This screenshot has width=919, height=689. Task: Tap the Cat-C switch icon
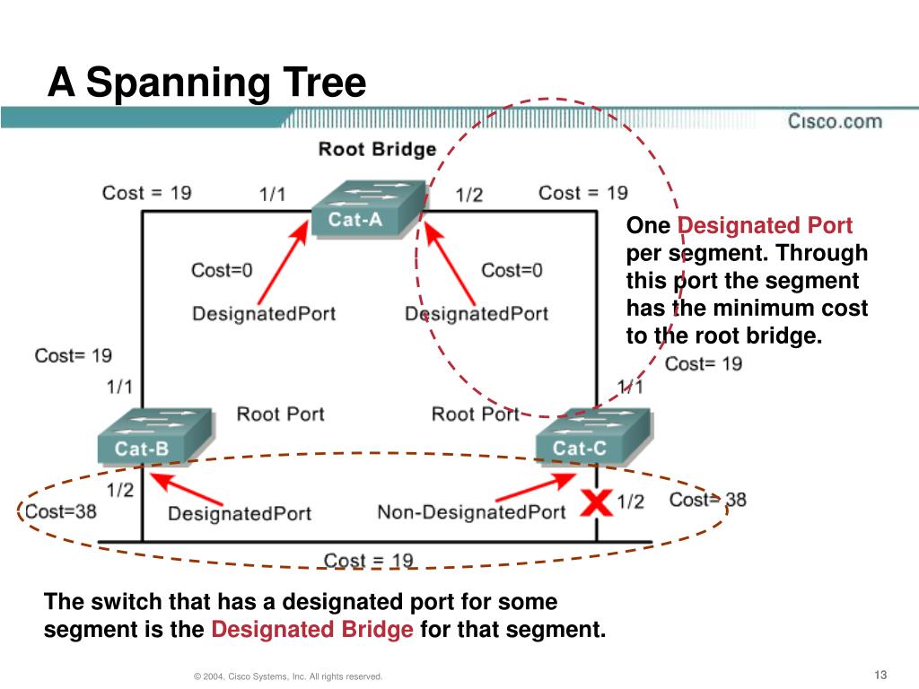pos(591,438)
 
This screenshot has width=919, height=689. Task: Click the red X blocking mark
pos(595,502)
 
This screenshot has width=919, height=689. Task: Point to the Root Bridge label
pos(377,149)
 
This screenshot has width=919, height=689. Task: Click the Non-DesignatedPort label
pos(471,511)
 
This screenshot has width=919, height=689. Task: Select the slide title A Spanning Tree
pos(207,83)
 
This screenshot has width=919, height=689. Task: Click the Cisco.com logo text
pos(835,121)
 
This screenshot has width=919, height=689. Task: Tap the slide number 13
pos(879,675)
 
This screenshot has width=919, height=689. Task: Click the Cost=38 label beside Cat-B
pos(60,510)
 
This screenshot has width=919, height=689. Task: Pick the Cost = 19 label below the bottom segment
pos(368,561)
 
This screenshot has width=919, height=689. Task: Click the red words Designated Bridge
pos(312,630)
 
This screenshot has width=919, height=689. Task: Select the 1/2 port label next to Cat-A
pos(469,194)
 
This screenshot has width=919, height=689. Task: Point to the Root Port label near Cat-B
pos(280,414)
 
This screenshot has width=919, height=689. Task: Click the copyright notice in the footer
pos(288,676)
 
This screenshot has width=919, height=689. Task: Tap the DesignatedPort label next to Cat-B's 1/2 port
pos(240,513)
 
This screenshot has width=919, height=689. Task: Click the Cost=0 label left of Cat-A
pos(222,269)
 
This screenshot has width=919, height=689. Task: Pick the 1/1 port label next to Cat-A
pos(273,194)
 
